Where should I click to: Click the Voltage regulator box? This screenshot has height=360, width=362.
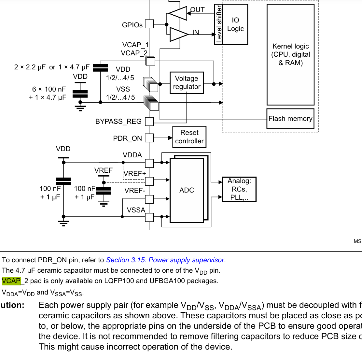pyautogui.click(x=187, y=83)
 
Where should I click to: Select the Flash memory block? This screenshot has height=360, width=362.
pyautogui.click(x=290, y=119)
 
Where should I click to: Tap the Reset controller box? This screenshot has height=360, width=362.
pyautogui.click(x=189, y=137)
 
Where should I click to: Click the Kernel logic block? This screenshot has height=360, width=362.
pyautogui.click(x=290, y=54)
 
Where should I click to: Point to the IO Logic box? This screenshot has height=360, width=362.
pyautogui.click(x=235, y=24)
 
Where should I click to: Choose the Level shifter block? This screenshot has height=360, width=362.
pyautogui.click(x=219, y=24)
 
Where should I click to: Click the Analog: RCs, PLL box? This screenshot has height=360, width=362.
pyautogui.click(x=239, y=189)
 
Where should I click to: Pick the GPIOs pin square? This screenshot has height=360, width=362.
pyautogui.click(x=149, y=24)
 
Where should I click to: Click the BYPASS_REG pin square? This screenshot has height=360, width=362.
pyautogui.click(x=149, y=122)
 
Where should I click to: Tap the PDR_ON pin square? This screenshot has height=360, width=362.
pyautogui.click(x=149, y=138)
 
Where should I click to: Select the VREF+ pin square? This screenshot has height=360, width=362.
pyautogui.click(x=149, y=181)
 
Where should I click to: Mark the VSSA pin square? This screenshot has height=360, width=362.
pyautogui.click(x=149, y=217)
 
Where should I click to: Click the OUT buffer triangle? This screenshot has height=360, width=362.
pyautogui.click(x=177, y=13)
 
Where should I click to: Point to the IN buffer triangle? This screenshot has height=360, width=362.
pyautogui.click(x=179, y=34)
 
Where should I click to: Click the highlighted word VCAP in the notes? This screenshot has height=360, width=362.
pyautogui.click(x=11, y=281)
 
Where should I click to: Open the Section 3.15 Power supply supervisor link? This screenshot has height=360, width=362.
pyautogui.click(x=165, y=260)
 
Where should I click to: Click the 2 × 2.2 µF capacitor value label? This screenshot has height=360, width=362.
pyautogui.click(x=30, y=67)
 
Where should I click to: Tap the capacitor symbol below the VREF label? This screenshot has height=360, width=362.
pyautogui.click(x=104, y=191)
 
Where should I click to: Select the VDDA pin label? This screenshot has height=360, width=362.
pyautogui.click(x=132, y=155)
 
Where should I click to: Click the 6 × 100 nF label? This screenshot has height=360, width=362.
pyautogui.click(x=49, y=89)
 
